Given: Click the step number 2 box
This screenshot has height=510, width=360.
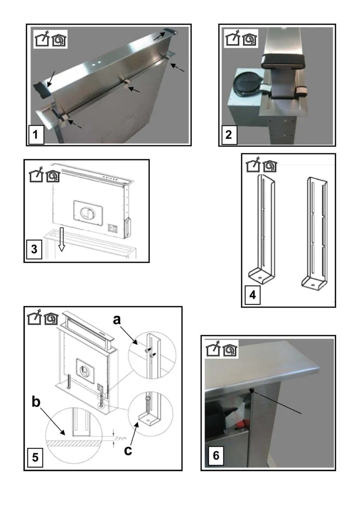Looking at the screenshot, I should (x=228, y=135).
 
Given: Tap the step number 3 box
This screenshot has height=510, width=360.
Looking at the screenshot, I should (x=35, y=250).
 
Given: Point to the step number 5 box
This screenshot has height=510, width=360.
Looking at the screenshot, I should (x=35, y=457).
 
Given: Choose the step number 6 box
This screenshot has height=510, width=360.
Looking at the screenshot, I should (x=216, y=456).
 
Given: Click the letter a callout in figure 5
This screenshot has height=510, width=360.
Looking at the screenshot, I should (x=117, y=320).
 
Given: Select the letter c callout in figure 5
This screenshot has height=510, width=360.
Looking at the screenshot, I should (x=128, y=451).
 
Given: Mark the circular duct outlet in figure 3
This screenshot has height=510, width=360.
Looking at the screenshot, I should (x=86, y=213).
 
